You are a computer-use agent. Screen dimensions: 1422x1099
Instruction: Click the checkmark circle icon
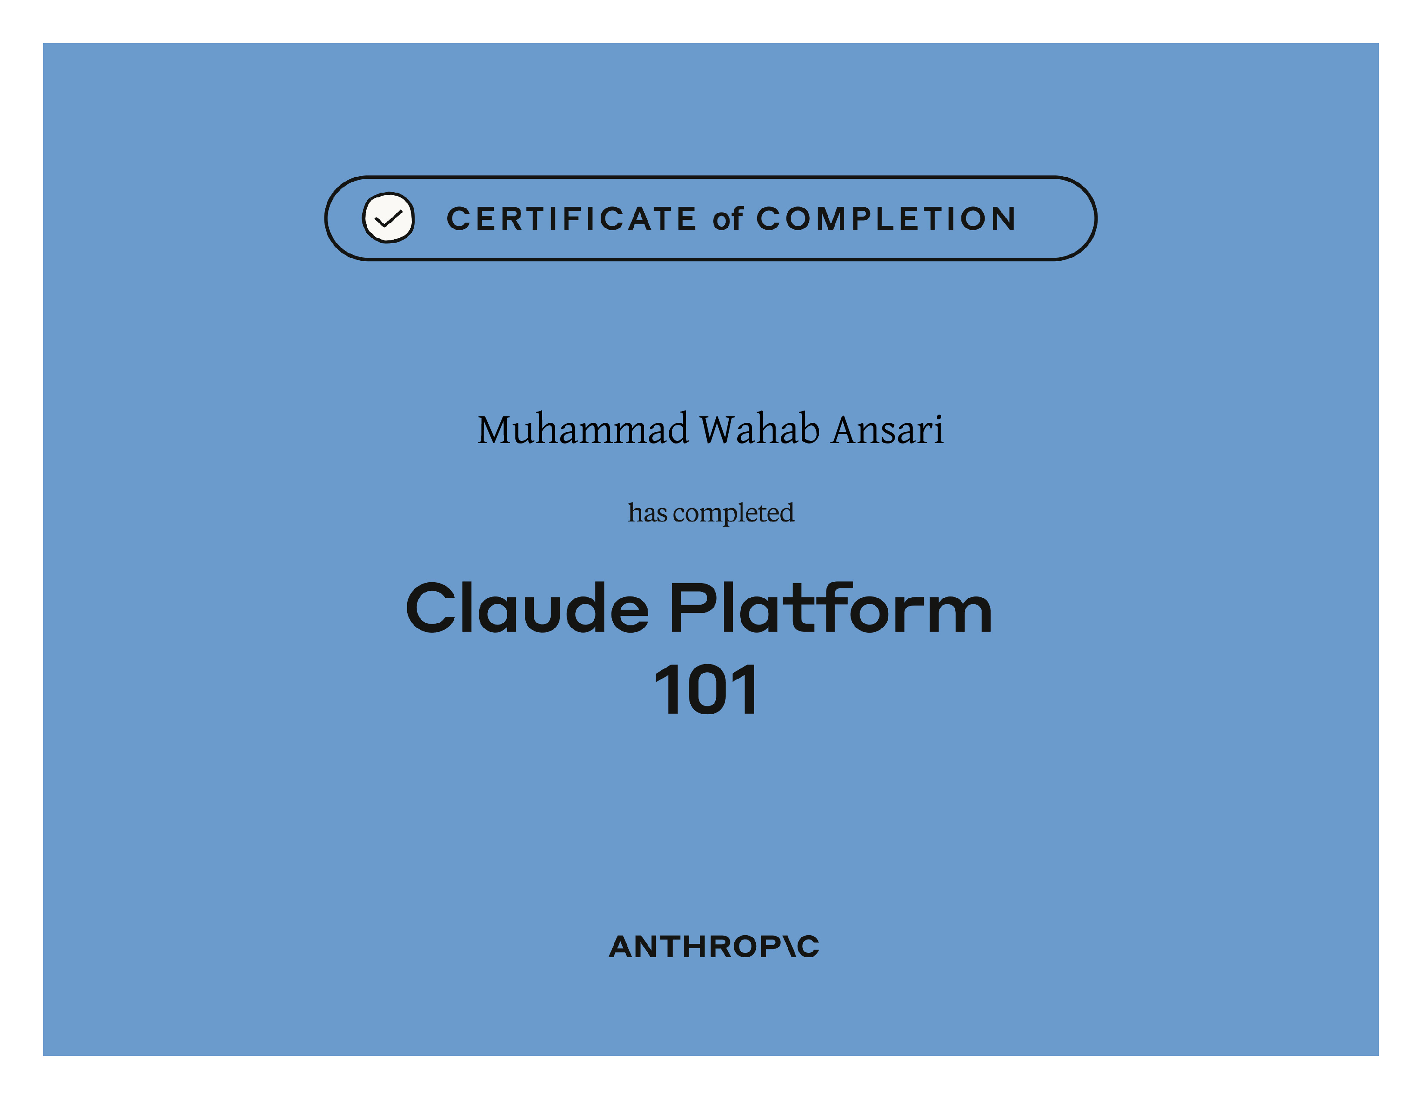pyautogui.click(x=388, y=218)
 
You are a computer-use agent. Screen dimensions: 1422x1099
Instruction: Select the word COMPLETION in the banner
pyautogui.click(x=886, y=219)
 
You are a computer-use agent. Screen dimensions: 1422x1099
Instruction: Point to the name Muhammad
pyautogui.click(x=583, y=430)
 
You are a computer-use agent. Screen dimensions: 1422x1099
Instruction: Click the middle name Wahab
pyautogui.click(x=759, y=430)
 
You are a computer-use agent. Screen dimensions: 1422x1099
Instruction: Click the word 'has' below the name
pyautogui.click(x=647, y=512)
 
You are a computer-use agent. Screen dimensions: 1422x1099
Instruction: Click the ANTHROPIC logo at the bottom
pyautogui.click(x=714, y=947)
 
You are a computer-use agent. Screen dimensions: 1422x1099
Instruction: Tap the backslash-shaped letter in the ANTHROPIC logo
pyautogui.click(x=790, y=947)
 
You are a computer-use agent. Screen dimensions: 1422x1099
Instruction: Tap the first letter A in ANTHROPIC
pyautogui.click(x=623, y=947)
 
